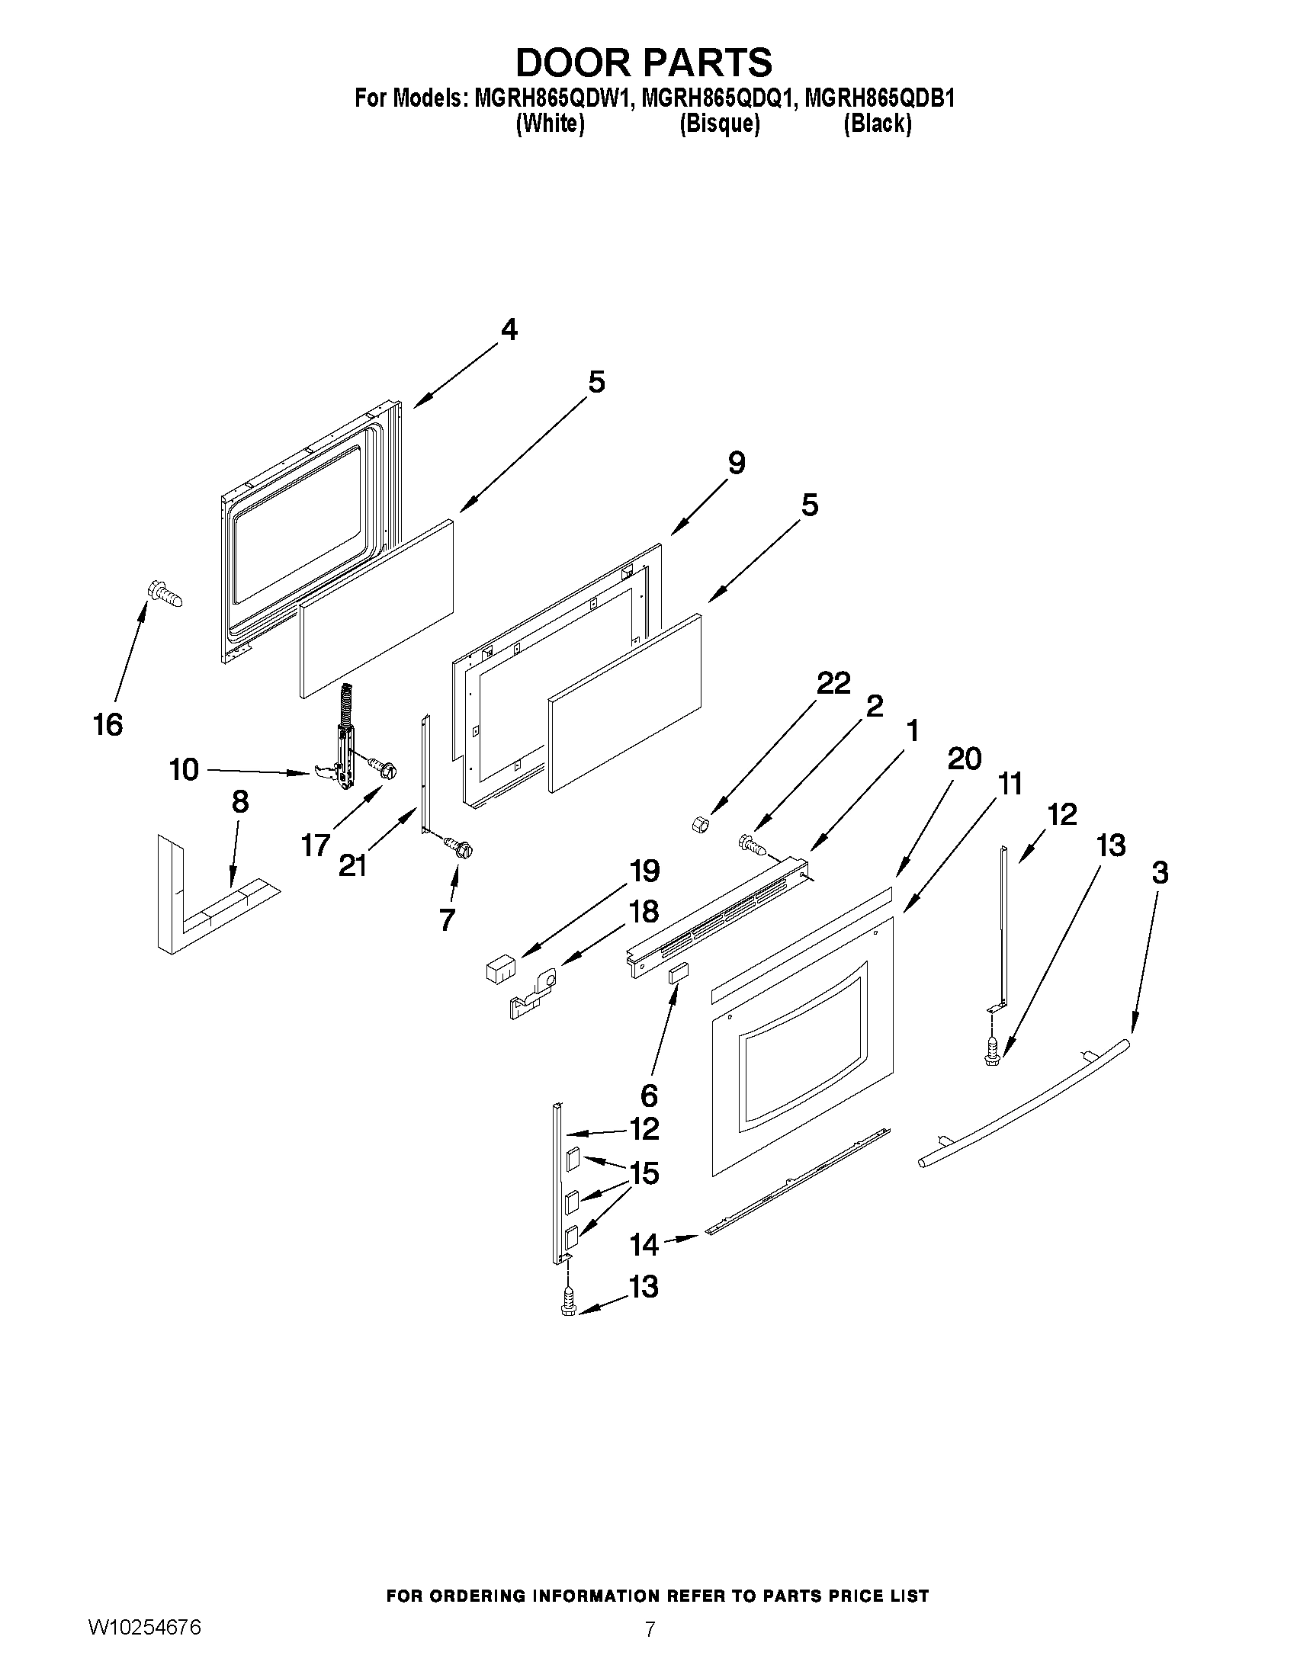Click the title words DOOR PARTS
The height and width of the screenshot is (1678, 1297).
pos(644,63)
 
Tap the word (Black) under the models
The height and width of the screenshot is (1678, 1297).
pos(878,124)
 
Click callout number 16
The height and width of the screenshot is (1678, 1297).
pos(108,723)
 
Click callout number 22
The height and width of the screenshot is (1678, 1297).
pos(833,682)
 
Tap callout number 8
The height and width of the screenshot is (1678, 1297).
pos(239,802)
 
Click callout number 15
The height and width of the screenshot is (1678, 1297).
pos(644,1173)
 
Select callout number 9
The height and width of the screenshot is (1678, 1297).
pos(736,464)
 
